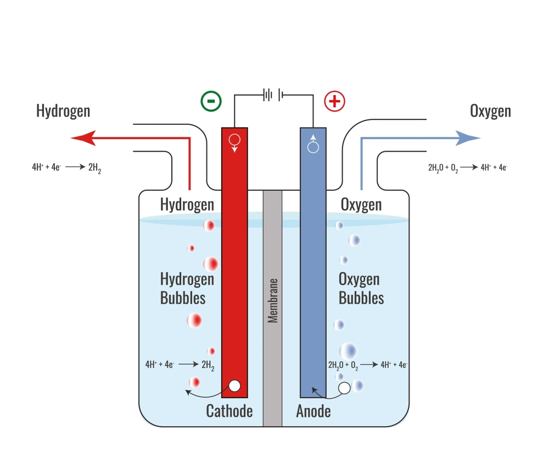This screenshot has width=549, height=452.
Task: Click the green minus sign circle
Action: (x=211, y=101)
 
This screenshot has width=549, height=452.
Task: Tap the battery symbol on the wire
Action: (x=273, y=95)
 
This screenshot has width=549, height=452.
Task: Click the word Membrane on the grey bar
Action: (x=272, y=300)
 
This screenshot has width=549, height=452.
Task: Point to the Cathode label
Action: (x=229, y=411)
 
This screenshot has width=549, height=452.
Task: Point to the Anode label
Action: (x=313, y=411)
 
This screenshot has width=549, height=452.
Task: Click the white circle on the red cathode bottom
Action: (x=234, y=386)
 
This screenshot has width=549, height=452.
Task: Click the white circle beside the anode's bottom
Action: (x=344, y=388)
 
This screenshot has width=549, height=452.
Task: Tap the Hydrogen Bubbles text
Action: (x=187, y=288)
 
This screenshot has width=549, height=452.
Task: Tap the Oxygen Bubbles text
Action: (x=361, y=288)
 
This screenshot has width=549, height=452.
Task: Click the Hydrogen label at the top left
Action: (x=63, y=111)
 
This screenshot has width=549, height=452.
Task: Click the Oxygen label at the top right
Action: (x=490, y=111)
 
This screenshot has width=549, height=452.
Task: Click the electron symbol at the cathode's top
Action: (x=234, y=141)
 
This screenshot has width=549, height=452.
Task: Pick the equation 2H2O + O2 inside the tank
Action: (x=367, y=364)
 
